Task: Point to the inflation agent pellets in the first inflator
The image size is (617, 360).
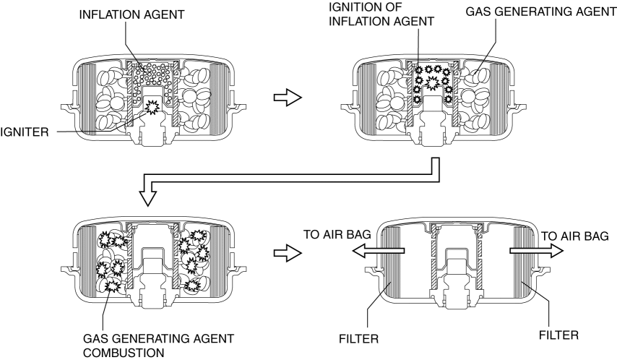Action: click(x=152, y=75)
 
